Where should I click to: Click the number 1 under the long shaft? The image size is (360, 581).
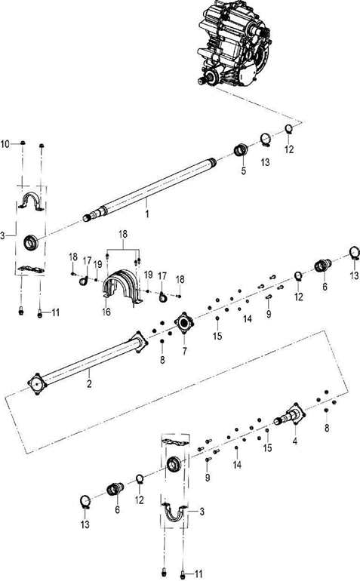[148, 214]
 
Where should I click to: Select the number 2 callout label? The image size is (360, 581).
[89, 373]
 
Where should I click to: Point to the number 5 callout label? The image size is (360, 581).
[244, 171]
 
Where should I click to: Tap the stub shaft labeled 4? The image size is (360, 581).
[291, 415]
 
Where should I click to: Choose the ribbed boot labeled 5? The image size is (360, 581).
[242, 151]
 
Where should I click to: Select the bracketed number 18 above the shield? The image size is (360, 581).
[125, 235]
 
